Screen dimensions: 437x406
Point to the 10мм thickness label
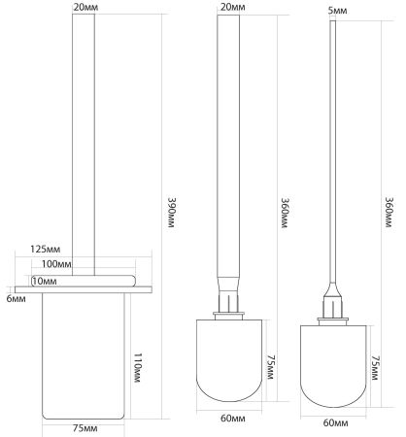tap(44, 281)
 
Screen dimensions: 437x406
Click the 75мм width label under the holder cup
tap(85, 427)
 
